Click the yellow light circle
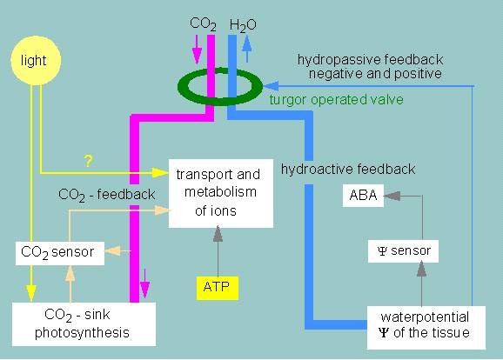(36, 61)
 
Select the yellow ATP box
(218, 288)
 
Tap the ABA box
(363, 196)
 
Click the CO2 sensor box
(60, 253)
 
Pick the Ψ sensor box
(403, 251)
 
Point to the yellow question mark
(88, 161)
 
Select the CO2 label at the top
(203, 24)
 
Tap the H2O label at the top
(243, 25)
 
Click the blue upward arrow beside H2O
(246, 49)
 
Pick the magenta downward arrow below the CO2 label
(197, 50)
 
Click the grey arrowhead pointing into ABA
(392, 196)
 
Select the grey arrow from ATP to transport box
(218, 251)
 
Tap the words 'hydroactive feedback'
(348, 169)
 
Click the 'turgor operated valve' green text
(336, 100)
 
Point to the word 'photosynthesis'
(82, 333)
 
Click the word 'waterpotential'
(425, 317)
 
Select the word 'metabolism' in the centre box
(221, 191)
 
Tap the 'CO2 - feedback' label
(107, 195)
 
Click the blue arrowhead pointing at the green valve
(271, 86)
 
